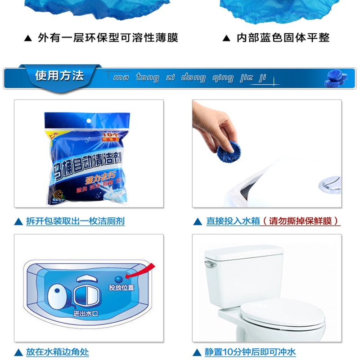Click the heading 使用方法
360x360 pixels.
click(x=59, y=76)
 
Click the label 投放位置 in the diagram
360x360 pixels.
click(x=121, y=287)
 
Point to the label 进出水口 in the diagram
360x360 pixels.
click(x=85, y=314)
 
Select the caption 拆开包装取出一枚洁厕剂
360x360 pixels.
click(x=75, y=221)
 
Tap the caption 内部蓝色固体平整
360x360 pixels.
click(x=283, y=38)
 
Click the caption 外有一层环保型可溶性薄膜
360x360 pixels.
click(x=108, y=38)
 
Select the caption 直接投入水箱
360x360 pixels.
click(x=233, y=221)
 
